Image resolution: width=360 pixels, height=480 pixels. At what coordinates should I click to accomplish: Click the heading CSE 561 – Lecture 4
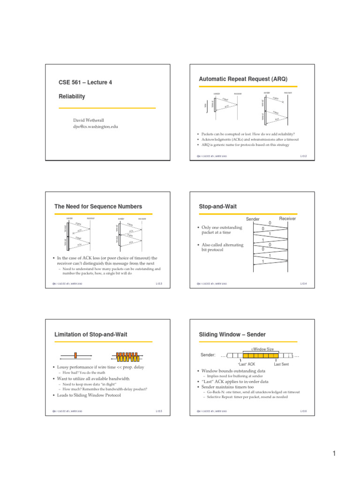point(85,82)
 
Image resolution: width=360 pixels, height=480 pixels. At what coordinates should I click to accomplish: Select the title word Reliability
point(71,96)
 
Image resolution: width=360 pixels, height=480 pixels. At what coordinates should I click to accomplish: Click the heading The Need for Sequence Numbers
point(98,206)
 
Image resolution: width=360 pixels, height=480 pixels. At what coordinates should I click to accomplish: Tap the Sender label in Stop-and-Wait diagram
point(253,219)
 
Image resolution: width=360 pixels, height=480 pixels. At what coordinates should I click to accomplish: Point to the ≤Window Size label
point(262,349)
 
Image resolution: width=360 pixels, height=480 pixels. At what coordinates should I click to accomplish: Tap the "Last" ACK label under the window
point(246,364)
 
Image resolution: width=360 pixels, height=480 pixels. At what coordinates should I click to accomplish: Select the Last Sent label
point(281,364)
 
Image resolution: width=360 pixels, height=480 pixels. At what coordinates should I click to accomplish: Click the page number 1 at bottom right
point(335,453)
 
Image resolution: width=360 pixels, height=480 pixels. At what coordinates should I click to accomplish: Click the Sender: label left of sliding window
point(208,355)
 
